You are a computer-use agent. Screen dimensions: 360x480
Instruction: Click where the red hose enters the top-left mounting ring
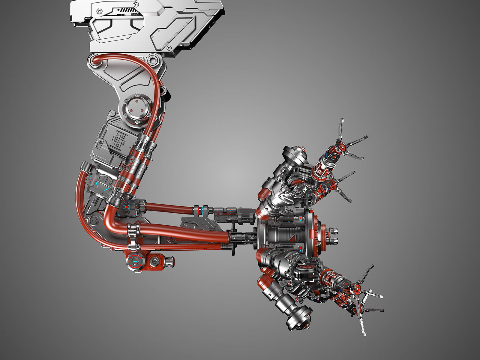click(96, 62)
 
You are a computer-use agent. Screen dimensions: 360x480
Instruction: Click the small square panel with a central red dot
click(126, 207)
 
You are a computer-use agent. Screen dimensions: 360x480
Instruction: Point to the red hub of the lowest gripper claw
click(357, 290)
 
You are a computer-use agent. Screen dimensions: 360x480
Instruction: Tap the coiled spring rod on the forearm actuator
click(232, 218)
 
